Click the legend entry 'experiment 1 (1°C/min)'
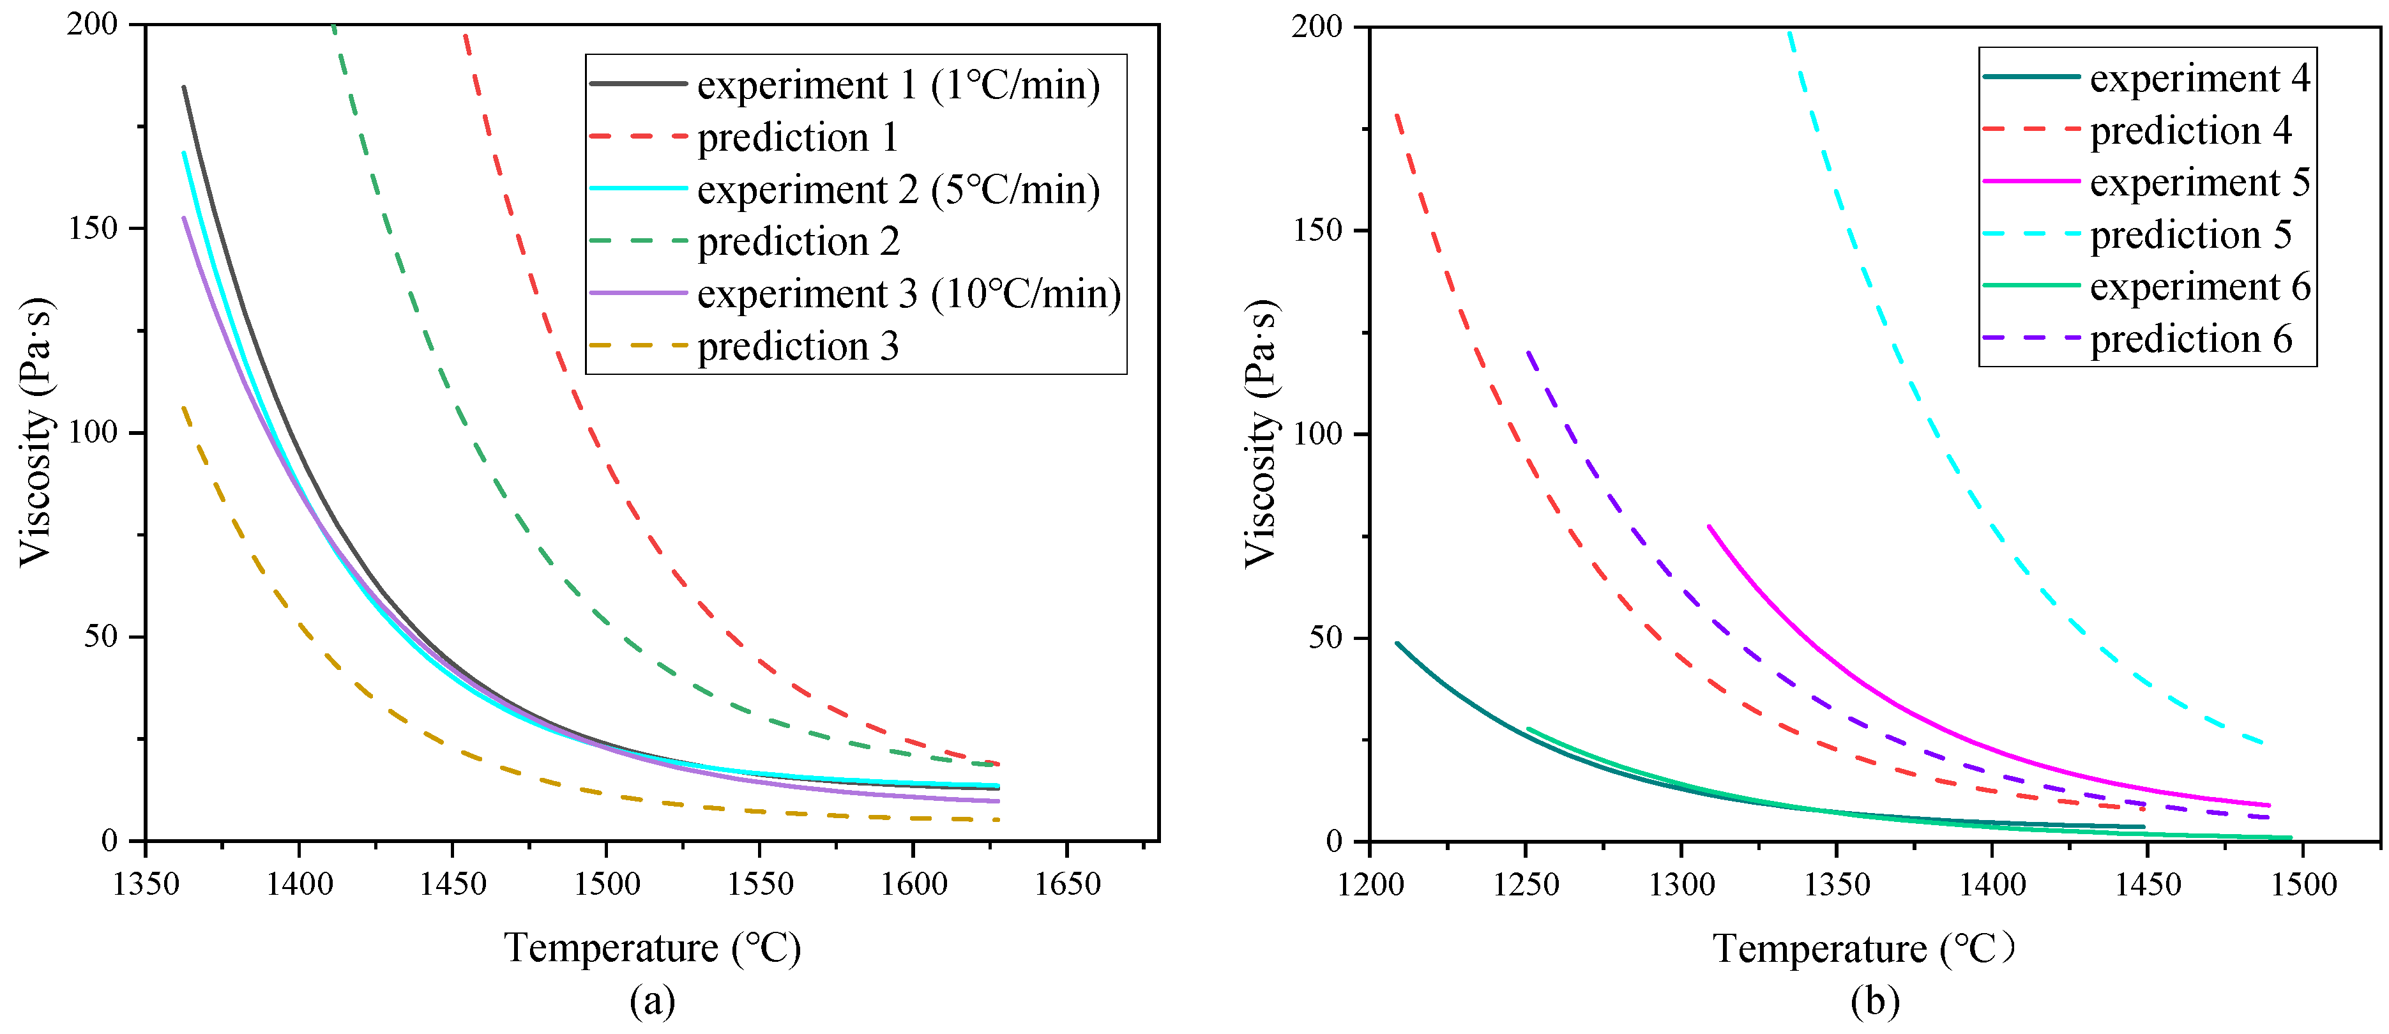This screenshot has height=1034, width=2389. (x=898, y=86)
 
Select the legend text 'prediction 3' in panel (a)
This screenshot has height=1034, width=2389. (x=798, y=347)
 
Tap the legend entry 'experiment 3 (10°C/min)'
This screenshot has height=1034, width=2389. (x=909, y=294)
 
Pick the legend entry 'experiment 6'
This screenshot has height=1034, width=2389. (x=2200, y=287)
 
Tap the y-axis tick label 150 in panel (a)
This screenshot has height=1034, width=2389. (x=94, y=228)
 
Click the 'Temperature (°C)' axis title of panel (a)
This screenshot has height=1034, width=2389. (x=652, y=948)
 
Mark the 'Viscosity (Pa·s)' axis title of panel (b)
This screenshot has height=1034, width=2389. (x=1261, y=433)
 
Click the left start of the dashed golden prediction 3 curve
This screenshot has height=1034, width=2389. (x=184, y=407)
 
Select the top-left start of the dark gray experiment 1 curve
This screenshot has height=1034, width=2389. (x=184, y=87)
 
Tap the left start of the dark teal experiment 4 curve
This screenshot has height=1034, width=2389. (x=1397, y=642)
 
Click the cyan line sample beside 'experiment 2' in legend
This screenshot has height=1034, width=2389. (x=638, y=189)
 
